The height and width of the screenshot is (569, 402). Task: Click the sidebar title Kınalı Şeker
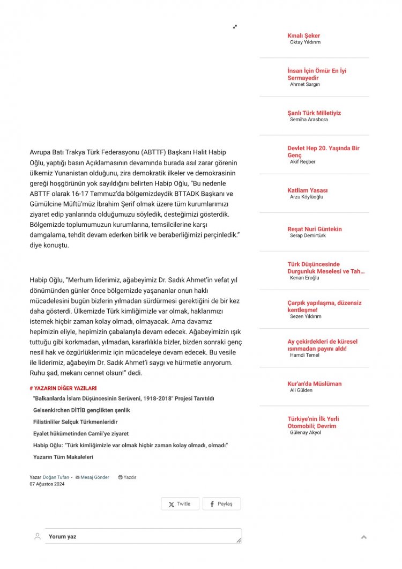click(303, 36)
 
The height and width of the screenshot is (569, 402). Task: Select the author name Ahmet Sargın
click(304, 85)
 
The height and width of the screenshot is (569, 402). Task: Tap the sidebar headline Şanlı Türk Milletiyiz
click(314, 113)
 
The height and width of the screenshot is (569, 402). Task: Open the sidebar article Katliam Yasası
click(307, 190)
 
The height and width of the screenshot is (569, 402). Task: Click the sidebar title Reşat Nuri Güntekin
click(314, 229)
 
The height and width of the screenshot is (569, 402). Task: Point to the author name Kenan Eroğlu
click(305, 278)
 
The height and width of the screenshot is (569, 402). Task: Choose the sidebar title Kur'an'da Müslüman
click(314, 384)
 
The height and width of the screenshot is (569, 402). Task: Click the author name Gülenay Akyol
click(306, 432)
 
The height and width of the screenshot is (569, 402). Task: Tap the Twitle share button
click(180, 504)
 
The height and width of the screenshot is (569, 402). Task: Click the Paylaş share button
click(221, 504)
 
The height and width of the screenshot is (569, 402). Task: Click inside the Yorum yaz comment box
click(142, 536)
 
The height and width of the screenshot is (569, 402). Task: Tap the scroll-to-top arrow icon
click(364, 537)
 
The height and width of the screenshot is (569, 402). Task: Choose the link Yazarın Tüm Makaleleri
click(63, 457)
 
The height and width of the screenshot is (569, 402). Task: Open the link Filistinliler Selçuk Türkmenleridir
click(75, 422)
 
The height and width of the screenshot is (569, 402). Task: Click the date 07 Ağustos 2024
click(47, 484)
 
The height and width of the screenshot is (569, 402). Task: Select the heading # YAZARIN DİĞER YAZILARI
click(63, 388)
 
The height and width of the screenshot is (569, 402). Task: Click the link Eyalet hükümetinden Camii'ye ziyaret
click(80, 434)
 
